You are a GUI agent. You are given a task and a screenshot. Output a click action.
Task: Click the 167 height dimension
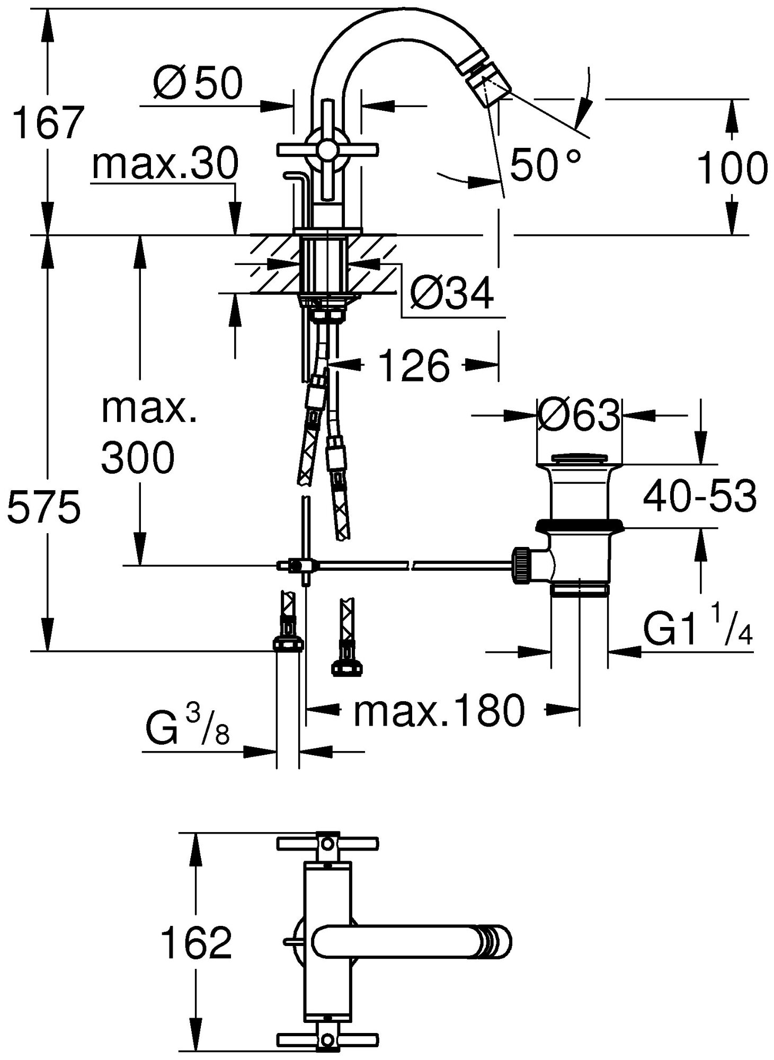click(x=48, y=123)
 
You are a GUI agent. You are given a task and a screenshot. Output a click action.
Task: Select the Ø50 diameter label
click(x=198, y=83)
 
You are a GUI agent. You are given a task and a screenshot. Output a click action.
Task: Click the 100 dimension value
click(x=733, y=167)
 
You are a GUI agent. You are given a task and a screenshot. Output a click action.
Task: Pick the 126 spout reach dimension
click(x=414, y=366)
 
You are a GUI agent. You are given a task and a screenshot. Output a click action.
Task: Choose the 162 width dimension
click(x=196, y=943)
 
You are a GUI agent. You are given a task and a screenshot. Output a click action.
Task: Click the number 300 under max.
click(x=138, y=457)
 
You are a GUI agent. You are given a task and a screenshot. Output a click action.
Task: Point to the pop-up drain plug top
click(x=579, y=457)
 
